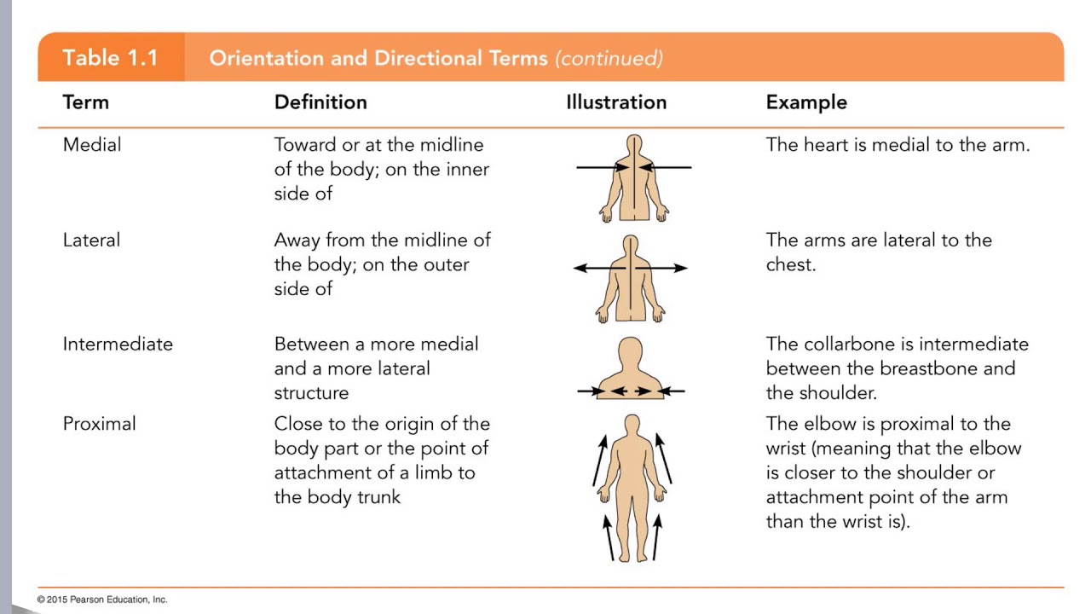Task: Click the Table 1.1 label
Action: coord(110,58)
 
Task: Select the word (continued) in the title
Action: coord(609,58)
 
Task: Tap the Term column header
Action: coord(86,102)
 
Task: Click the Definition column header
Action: coord(320,102)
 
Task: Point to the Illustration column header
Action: coord(616,102)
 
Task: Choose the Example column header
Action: coord(806,102)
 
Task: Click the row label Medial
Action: coord(92,145)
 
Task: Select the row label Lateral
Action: coord(91,240)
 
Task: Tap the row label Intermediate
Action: coord(118,345)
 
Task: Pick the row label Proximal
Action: coord(100,424)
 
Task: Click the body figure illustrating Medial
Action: coord(632,179)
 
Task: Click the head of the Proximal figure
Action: coord(632,426)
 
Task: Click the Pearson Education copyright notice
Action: coord(102,600)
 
